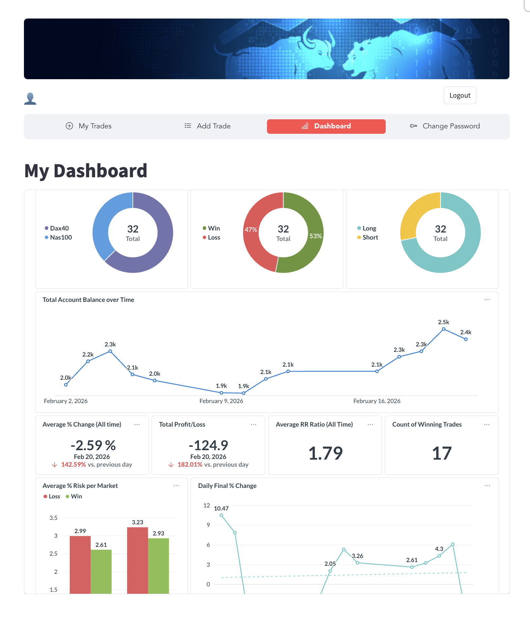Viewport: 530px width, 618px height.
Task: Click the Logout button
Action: pyautogui.click(x=460, y=95)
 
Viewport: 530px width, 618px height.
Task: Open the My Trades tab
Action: pyautogui.click(x=88, y=126)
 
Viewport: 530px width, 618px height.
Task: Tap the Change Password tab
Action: pyautogui.click(x=445, y=126)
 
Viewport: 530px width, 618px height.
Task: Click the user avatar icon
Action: pyautogui.click(x=30, y=99)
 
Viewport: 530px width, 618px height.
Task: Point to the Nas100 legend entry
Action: pyautogui.click(x=61, y=237)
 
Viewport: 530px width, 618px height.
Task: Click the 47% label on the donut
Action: pyautogui.click(x=251, y=229)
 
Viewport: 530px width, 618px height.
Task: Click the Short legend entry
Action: pyautogui.click(x=370, y=237)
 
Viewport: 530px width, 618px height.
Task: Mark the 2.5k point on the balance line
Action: pyautogui.click(x=444, y=329)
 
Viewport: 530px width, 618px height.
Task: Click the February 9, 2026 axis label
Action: pyautogui.click(x=221, y=401)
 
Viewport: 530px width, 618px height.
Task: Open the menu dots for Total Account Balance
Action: pyautogui.click(x=487, y=300)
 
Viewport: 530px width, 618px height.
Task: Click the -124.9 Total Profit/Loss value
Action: pyautogui.click(x=208, y=445)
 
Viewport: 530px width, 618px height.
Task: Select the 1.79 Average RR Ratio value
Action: pyautogui.click(x=325, y=453)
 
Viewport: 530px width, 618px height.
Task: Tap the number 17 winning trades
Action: pyautogui.click(x=442, y=453)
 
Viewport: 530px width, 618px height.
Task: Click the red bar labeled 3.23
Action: pyautogui.click(x=138, y=559)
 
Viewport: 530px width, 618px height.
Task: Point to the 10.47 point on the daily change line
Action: pyautogui.click(x=221, y=515)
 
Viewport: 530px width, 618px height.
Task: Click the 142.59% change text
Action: pyautogui.click(x=73, y=464)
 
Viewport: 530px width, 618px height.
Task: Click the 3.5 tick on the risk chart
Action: pyautogui.click(x=54, y=518)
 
